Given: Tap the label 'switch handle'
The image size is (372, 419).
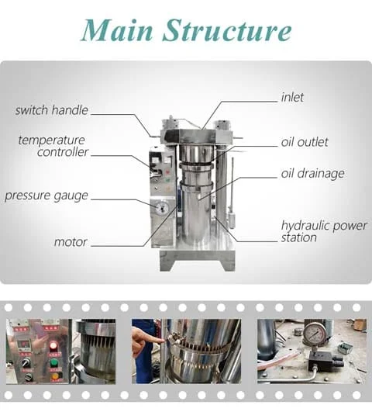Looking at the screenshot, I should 52,110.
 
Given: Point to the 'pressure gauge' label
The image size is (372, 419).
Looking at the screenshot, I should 46,196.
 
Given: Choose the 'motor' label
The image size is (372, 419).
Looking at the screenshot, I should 71,242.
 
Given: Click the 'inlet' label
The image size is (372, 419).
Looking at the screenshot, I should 292,98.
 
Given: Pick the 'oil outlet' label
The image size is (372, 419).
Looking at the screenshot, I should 305,142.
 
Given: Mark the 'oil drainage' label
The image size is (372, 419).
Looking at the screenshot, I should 312,173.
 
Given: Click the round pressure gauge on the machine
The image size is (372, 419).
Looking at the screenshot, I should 161,208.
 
